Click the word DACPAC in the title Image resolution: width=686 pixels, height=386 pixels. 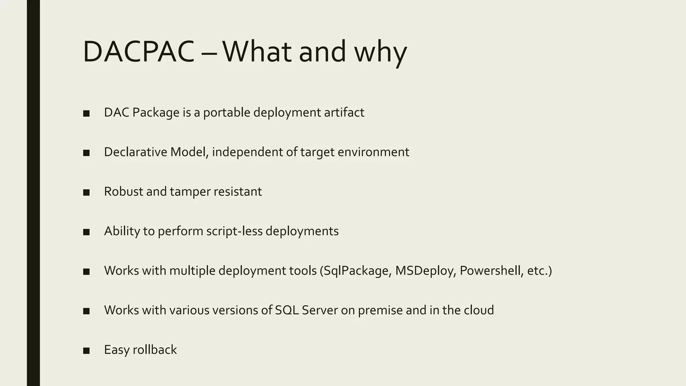pos(139,52)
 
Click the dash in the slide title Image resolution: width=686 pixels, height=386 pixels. pos(208,54)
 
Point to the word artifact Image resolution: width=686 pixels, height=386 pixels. pos(344,113)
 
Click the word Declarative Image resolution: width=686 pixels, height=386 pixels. pos(135,152)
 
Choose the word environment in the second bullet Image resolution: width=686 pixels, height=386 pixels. pos(373,152)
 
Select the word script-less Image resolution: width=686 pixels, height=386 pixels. pos(234,231)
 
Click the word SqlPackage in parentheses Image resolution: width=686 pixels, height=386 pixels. pos(355,271)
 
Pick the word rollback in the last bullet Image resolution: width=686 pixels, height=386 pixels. pos(155,350)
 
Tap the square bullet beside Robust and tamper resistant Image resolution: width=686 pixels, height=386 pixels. pos(86,193)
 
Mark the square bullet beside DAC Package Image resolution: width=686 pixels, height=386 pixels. pos(86,114)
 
